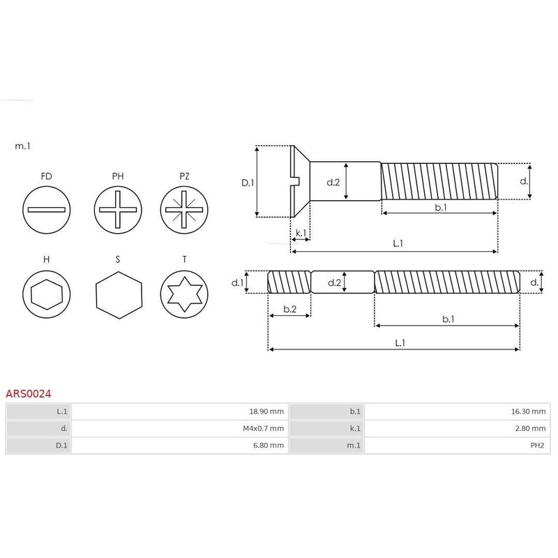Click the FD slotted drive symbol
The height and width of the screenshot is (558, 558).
47,209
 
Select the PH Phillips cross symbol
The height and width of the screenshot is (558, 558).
118,209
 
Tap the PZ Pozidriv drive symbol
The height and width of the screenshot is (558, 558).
184,209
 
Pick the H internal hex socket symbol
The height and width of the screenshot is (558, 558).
47,291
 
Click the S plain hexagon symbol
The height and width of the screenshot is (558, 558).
118,291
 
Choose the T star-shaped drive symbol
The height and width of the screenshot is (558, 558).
184,291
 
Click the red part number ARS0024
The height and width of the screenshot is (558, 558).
29,393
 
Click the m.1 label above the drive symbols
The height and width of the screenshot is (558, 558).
22,146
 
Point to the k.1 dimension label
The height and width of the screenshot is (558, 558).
301,232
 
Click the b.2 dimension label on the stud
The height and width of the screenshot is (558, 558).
289,308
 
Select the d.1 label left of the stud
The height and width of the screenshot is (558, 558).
237,283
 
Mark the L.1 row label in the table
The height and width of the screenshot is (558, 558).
62,412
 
